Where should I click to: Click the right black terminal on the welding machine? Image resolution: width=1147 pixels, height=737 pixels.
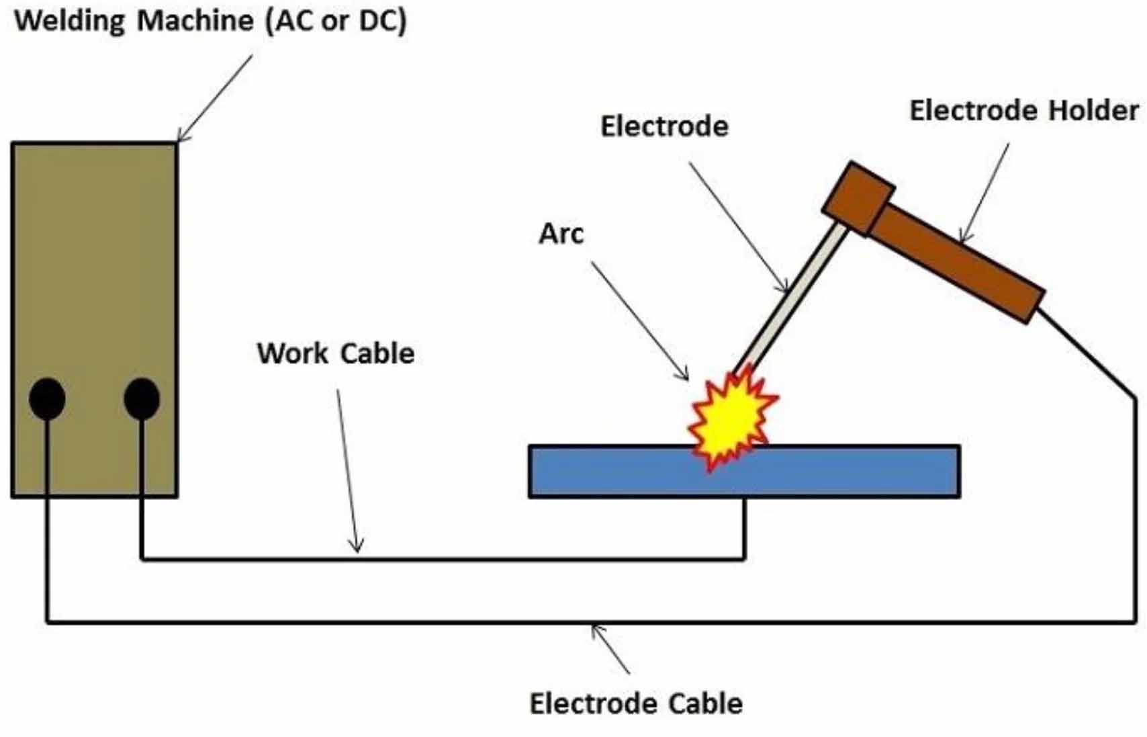pos(142,398)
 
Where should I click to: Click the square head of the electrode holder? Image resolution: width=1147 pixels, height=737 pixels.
pos(858,198)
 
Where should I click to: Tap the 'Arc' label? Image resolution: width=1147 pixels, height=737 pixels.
pos(561,234)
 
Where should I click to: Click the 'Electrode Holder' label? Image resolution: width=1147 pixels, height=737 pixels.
pos(1023,111)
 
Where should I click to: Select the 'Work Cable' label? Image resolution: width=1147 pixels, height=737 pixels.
pos(336,353)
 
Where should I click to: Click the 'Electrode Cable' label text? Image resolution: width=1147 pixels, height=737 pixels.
pos(636,703)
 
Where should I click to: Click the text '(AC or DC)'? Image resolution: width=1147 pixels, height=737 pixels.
pos(336,21)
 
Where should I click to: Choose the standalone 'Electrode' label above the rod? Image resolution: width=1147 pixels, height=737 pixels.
pos(663,126)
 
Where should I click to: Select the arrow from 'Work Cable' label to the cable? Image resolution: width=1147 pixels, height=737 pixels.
pos(348,470)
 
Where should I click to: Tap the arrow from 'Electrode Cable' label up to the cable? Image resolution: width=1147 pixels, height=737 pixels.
pos(610,649)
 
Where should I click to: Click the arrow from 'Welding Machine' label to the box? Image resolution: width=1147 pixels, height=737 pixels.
pos(215,97)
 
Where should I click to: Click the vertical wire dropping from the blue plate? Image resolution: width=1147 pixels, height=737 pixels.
pos(744,527)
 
